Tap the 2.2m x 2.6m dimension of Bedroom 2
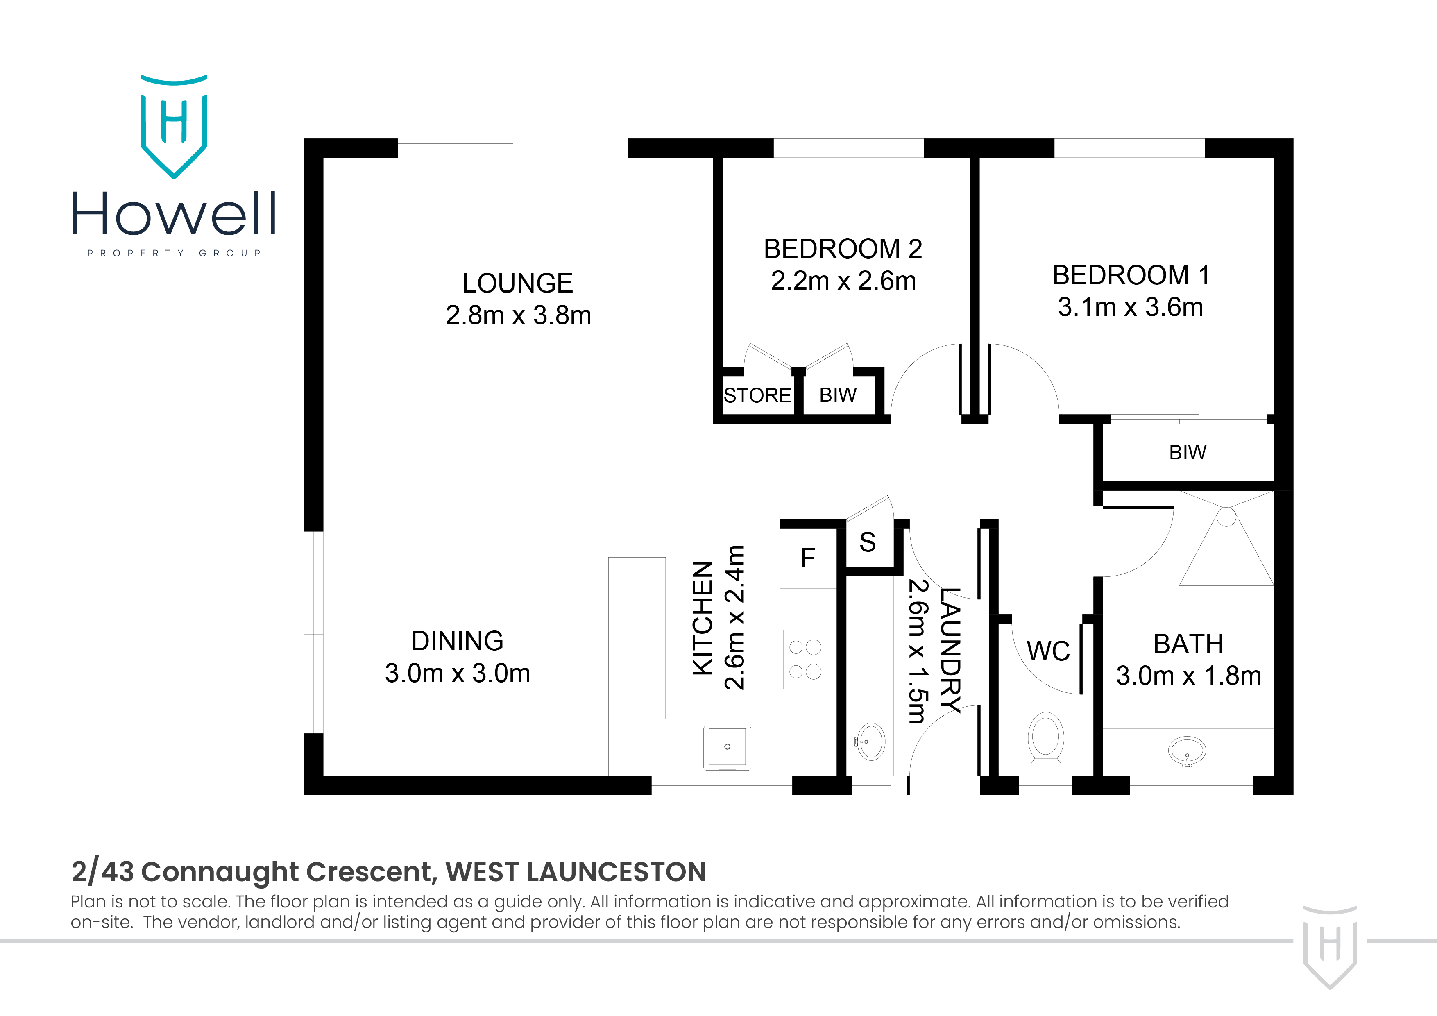tap(843, 281)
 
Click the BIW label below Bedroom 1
tap(1187, 452)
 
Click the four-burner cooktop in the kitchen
tap(805, 659)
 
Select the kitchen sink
tap(727, 747)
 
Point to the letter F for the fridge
tap(807, 558)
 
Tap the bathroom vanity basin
tap(1187, 751)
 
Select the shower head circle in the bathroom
tap(1226, 517)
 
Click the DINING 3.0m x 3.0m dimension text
tap(458, 674)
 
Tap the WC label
tap(1048, 651)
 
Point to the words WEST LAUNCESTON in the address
tap(576, 872)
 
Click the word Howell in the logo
tap(173, 214)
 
